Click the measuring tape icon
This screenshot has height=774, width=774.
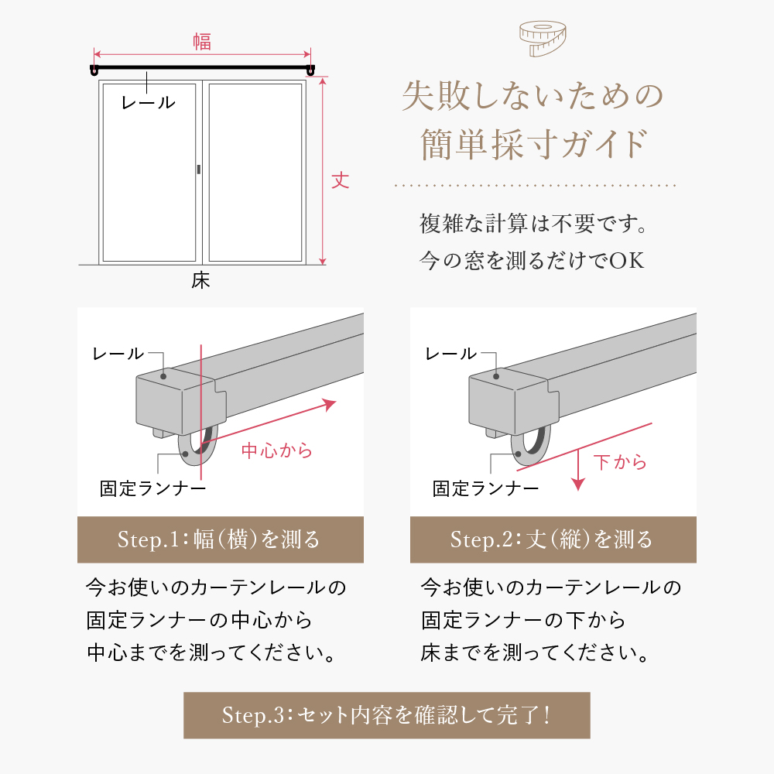pyautogui.click(x=543, y=39)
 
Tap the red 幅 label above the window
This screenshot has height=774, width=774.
pyautogui.click(x=202, y=42)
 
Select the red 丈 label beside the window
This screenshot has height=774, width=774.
pyautogui.click(x=340, y=180)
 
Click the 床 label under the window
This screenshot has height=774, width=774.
pyautogui.click(x=201, y=280)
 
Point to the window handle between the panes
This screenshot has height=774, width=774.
pyautogui.click(x=198, y=170)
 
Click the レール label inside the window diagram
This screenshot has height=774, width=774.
pyautogui.click(x=148, y=103)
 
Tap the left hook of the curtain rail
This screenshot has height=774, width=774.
pyautogui.click(x=94, y=71)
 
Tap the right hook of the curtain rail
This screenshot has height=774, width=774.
pyautogui.click(x=310, y=71)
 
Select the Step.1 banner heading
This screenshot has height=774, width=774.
pyautogui.click(x=220, y=539)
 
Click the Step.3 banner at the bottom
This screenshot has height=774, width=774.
pyautogui.click(x=386, y=715)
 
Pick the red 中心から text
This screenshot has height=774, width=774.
pyautogui.click(x=277, y=450)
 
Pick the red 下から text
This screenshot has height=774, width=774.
pyautogui.click(x=620, y=462)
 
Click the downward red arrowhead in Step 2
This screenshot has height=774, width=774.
pyautogui.click(x=578, y=484)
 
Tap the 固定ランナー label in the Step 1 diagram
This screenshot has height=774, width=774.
pyautogui.click(x=152, y=488)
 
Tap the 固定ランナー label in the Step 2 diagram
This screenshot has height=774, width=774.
pyautogui.click(x=486, y=488)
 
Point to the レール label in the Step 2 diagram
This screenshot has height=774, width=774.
pyautogui.click(x=450, y=354)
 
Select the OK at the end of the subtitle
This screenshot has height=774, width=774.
pyautogui.click(x=627, y=260)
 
